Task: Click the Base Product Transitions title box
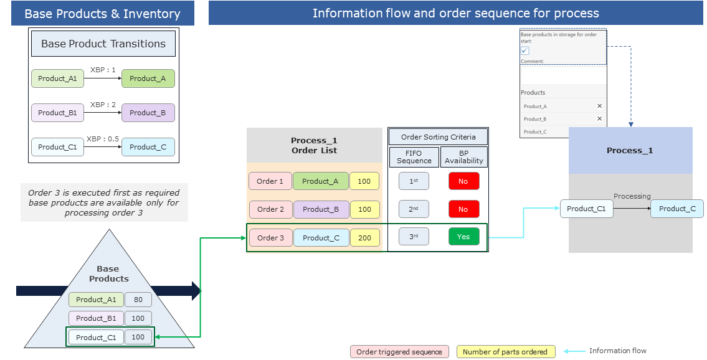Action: point(103,44)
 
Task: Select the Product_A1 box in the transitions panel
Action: point(57,78)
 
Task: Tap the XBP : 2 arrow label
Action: point(103,105)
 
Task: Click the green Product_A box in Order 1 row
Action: point(320,181)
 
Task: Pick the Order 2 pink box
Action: point(271,209)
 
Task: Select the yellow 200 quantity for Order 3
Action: point(364,238)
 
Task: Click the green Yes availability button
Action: point(463,237)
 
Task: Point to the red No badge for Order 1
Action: point(463,181)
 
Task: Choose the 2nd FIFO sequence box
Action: point(414,209)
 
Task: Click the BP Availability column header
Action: point(463,156)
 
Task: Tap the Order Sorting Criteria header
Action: point(438,137)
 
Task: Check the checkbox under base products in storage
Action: point(525,51)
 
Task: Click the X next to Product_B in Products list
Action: point(599,119)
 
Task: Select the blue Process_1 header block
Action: point(630,151)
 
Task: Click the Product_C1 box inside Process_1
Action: point(586,209)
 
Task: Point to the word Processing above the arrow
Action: point(632,196)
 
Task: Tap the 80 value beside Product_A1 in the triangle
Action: point(138,300)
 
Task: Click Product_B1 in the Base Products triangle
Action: point(96,318)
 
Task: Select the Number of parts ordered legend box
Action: point(505,352)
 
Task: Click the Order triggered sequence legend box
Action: point(399,352)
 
